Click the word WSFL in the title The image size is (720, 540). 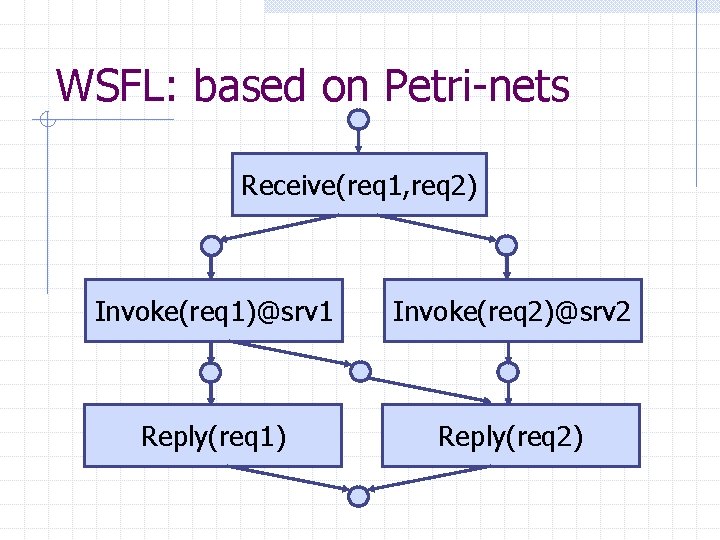click(112, 86)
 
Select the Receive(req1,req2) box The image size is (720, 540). click(359, 185)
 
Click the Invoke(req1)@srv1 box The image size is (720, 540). click(213, 311)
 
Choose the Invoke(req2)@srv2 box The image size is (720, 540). click(512, 311)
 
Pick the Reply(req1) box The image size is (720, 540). click(213, 436)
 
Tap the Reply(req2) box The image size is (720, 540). click(511, 436)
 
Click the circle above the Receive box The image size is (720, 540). click(359, 119)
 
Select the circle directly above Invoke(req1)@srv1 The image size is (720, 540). click(210, 246)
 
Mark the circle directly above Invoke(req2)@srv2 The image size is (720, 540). click(507, 246)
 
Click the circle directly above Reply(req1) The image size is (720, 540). click(210, 373)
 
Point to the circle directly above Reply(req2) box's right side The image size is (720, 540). click(509, 373)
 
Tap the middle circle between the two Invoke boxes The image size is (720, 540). click(359, 372)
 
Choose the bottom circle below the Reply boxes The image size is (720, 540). click(359, 495)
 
